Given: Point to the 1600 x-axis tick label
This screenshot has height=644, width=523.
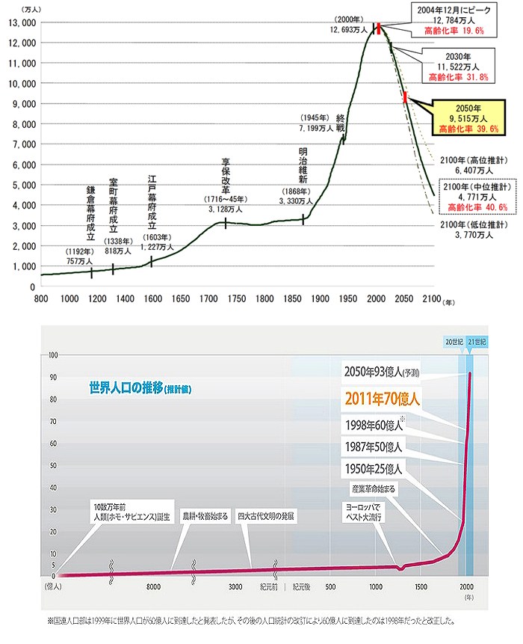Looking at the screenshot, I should pos(153,299).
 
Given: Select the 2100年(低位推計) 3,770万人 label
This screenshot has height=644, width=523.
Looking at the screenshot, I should pos(474,230).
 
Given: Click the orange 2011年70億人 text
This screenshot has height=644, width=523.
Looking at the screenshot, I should pos(382,399).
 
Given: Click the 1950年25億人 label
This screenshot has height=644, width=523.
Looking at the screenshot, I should pos(373,470).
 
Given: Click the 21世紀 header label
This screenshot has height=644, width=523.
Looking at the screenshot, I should pos(477,340).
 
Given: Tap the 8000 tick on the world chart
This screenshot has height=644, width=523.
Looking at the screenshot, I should pos(155,587).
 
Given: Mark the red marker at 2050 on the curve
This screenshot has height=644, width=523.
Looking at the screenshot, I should pos(405,96).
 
